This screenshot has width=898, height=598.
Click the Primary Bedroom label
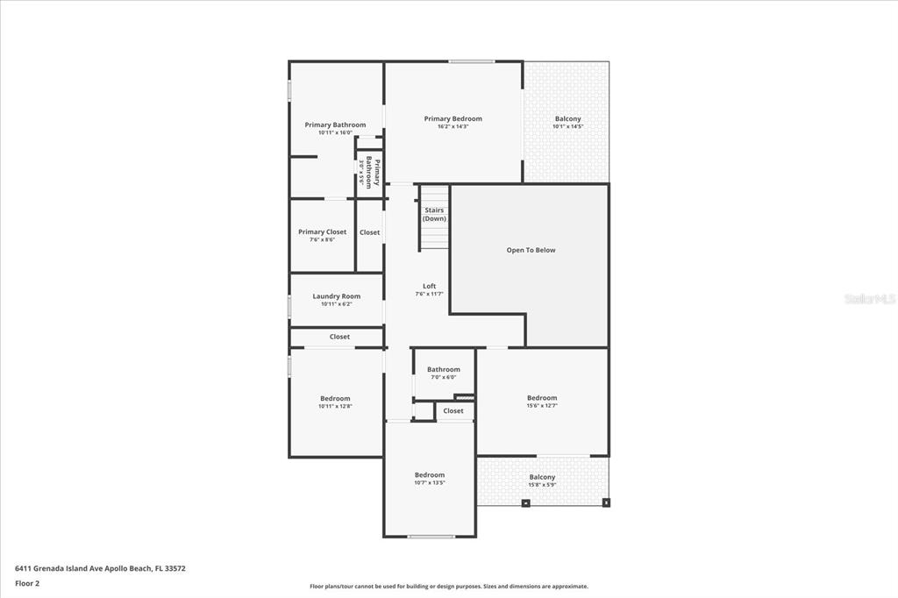(453, 118)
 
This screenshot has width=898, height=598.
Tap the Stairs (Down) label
(434, 214)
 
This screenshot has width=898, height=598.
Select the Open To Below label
(531, 250)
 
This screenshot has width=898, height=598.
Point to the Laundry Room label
(336, 296)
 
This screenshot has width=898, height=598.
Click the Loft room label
(430, 286)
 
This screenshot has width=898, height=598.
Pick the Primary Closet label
(323, 232)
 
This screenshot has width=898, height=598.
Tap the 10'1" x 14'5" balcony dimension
(568, 126)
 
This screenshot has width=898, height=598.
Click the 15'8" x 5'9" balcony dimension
(542, 485)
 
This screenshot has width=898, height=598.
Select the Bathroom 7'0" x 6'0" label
(443, 373)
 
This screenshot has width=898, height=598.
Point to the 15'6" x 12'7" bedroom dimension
(542, 406)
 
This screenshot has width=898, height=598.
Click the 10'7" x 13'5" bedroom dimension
(430, 482)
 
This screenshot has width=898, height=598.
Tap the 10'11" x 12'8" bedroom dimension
(335, 406)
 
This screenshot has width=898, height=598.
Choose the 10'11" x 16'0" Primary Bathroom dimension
(335, 132)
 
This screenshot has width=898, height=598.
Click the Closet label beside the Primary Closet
(369, 232)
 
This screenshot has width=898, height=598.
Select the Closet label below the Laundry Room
(339, 337)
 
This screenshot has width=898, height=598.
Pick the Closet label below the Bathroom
(453, 410)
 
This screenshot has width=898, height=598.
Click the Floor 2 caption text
(27, 584)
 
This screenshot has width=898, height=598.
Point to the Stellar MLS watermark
(869, 299)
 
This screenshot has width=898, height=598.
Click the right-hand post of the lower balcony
(607, 503)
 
